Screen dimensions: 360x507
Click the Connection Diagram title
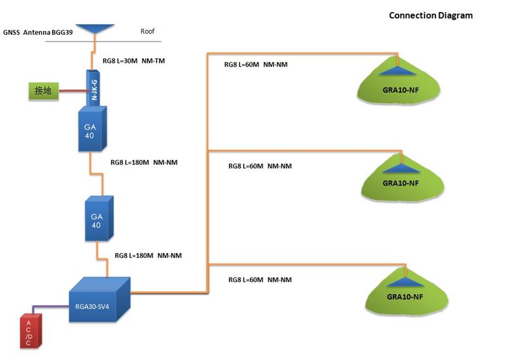(430, 15)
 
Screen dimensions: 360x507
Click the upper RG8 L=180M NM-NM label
(144, 162)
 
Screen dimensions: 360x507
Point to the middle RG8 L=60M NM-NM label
(260, 166)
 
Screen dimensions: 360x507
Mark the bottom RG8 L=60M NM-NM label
(260, 280)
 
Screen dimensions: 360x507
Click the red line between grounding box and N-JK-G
(71, 93)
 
